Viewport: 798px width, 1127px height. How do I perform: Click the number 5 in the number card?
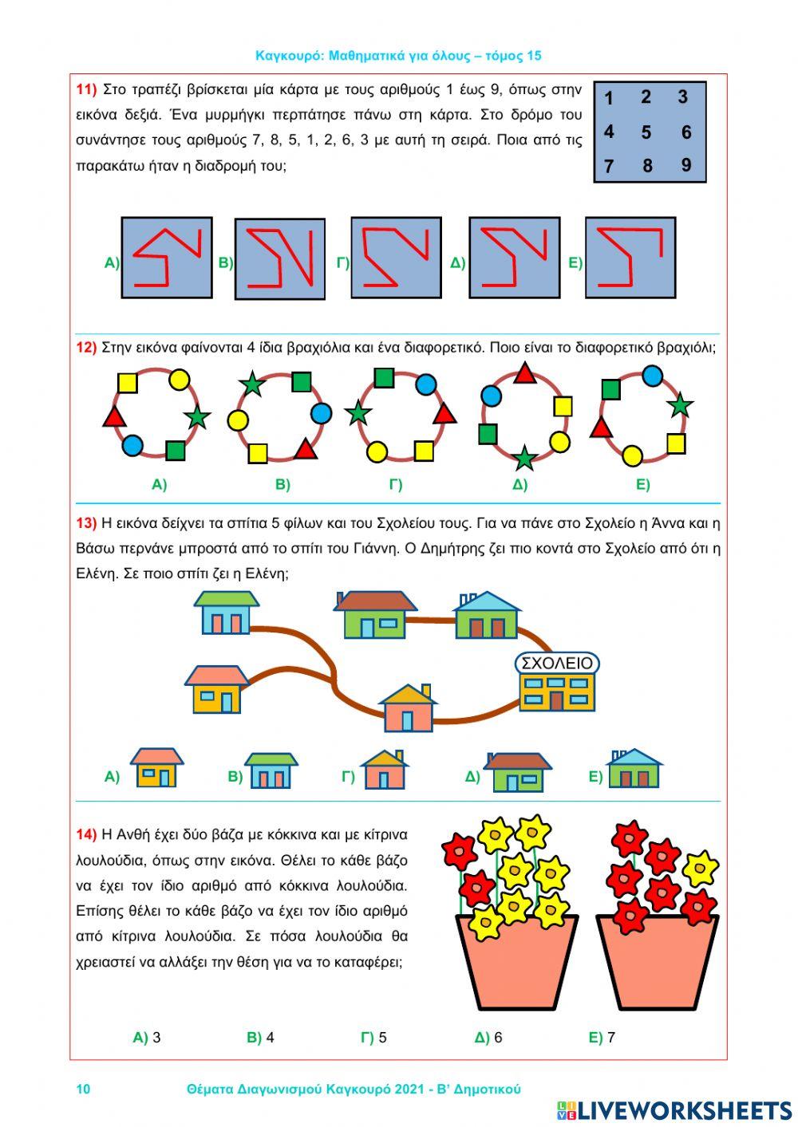646,132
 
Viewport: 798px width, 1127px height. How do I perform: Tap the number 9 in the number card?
686,165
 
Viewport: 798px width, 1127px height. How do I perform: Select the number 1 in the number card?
609,99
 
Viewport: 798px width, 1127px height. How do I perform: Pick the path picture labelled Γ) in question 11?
396,258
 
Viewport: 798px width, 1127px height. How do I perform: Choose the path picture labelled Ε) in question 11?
630,258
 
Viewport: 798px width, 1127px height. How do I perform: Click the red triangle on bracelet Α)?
114,416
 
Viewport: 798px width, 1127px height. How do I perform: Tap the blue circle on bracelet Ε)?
653,376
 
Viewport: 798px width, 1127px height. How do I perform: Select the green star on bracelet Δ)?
523,458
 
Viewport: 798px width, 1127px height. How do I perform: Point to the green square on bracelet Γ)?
384,377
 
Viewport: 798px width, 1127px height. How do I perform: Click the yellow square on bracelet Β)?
257,454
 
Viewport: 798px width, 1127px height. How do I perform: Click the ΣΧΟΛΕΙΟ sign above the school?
557,664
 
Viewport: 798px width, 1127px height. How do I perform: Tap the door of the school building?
556,700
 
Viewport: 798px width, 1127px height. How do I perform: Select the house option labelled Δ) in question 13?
517,771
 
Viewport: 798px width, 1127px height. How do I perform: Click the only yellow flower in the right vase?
700,867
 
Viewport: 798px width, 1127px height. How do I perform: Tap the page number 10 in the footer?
83,1089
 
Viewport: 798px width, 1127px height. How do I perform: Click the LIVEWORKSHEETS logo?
674,1109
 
